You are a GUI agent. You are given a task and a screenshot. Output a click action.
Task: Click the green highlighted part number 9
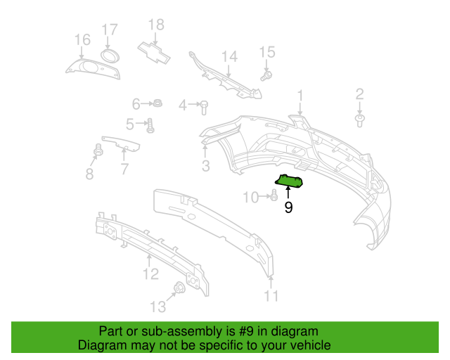(289, 182)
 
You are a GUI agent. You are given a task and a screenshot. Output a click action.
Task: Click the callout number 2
(359, 94)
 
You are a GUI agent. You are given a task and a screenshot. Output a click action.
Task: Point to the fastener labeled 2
(359, 121)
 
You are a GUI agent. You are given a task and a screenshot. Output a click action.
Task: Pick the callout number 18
(155, 25)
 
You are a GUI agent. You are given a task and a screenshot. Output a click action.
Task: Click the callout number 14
(230, 56)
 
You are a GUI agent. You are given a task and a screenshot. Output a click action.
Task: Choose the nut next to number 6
(158, 104)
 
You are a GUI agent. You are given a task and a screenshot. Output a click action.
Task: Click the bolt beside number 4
(204, 106)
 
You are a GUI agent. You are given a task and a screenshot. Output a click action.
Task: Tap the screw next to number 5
(150, 125)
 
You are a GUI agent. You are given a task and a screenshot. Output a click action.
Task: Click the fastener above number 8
(98, 149)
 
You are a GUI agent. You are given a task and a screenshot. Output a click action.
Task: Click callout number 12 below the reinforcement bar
(151, 274)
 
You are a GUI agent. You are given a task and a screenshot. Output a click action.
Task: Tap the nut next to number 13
(179, 288)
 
